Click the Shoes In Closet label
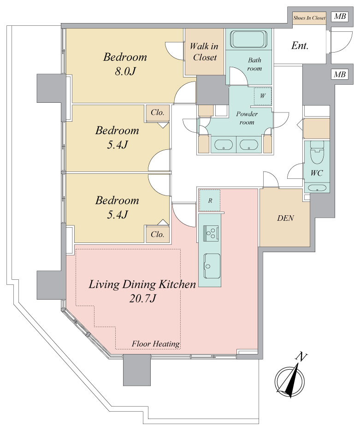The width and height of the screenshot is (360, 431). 309,18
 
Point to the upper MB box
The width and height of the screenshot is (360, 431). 340,17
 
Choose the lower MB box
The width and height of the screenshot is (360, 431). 340,74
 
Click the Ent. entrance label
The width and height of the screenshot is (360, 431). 300,45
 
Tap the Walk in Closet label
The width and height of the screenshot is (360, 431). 204,52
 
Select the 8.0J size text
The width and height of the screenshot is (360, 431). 125,71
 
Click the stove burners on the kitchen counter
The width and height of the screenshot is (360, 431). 211,232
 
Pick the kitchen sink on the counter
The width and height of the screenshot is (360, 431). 212,266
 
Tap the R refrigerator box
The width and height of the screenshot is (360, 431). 210,201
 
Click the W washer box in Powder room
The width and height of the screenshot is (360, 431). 262,96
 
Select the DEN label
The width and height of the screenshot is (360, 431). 285,218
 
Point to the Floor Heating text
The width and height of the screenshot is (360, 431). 156,343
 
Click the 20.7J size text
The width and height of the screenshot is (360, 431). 142,298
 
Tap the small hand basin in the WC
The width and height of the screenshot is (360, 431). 317,188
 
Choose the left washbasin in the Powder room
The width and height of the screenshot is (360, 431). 224,145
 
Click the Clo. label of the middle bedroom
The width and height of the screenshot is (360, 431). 158,112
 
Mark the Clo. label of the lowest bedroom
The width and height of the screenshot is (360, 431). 158,235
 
